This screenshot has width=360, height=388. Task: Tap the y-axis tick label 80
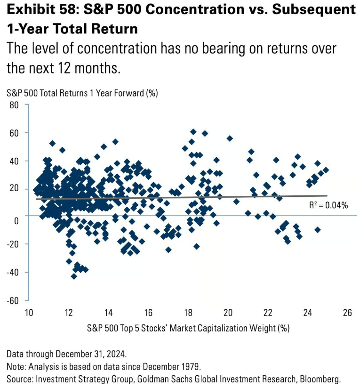pyautogui.click(x=14, y=105)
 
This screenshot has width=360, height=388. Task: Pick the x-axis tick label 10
pyautogui.click(x=29, y=313)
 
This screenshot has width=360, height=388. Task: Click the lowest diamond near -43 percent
pyautogui.click(x=74, y=276)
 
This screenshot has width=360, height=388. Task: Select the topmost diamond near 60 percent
pyautogui.click(x=193, y=132)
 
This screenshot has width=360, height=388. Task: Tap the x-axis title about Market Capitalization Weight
pyautogui.click(x=188, y=327)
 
